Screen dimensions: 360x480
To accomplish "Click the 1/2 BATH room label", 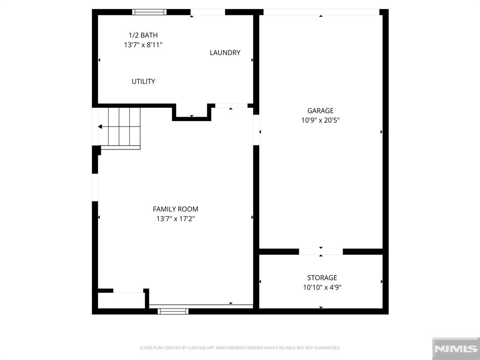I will (x=143, y=35).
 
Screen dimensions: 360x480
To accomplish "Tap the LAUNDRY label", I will (x=225, y=52).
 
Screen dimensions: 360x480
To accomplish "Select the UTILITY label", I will (x=143, y=82).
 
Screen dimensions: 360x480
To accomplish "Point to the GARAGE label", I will (x=321, y=111).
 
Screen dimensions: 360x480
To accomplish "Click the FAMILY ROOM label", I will (x=175, y=209).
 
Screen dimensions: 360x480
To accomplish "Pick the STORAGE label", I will (x=322, y=278).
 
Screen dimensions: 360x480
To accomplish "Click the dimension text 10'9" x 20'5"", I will (x=321, y=120).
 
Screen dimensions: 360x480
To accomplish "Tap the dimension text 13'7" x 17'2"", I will (x=175, y=218).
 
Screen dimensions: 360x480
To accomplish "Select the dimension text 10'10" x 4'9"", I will (x=322, y=287).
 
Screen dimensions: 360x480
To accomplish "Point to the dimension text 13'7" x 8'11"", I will (x=143, y=45).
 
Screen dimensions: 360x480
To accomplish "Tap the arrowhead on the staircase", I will (x=100, y=127).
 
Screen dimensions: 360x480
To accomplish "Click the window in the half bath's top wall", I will (x=150, y=12).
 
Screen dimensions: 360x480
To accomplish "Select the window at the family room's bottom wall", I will (x=173, y=311).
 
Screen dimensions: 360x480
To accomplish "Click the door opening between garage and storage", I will (x=321, y=252).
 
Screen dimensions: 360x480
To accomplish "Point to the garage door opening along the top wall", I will (x=321, y=12).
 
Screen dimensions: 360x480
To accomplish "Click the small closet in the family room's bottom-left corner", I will (x=121, y=300).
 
